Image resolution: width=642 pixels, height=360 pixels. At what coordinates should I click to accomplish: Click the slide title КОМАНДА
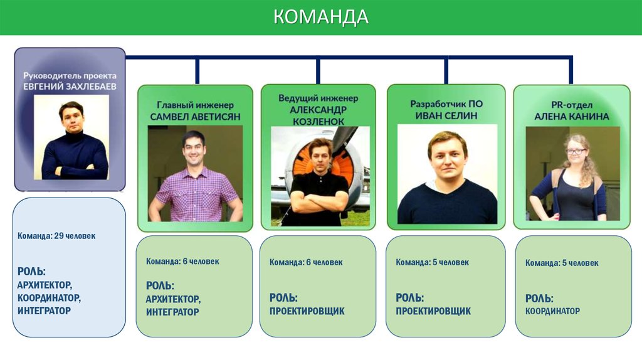click(320, 17)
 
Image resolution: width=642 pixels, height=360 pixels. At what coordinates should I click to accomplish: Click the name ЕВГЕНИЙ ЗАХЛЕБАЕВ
click(70, 86)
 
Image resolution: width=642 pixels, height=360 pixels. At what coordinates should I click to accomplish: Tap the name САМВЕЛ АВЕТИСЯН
click(195, 117)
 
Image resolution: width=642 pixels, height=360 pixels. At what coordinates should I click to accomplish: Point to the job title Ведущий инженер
click(318, 98)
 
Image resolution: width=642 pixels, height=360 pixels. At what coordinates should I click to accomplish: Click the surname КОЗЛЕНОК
click(318, 120)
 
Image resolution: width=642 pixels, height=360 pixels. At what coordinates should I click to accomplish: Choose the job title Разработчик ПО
click(446, 104)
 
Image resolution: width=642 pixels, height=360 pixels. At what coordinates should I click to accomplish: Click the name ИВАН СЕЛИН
click(446, 115)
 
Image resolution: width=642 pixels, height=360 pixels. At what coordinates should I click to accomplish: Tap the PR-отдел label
click(572, 105)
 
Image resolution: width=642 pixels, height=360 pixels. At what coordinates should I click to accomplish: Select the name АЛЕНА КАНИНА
click(572, 116)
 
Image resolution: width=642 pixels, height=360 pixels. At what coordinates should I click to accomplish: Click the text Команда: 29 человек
click(56, 236)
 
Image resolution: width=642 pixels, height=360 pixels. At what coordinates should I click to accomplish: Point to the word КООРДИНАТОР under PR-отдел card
click(552, 311)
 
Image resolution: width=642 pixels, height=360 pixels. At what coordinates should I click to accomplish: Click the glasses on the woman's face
click(575, 151)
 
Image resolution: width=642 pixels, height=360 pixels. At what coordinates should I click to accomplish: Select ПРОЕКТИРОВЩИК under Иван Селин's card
click(433, 311)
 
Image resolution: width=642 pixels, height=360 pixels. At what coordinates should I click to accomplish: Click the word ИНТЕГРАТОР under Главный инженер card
click(172, 312)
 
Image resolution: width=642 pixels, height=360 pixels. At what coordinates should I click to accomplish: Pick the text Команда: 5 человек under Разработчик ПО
click(432, 262)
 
